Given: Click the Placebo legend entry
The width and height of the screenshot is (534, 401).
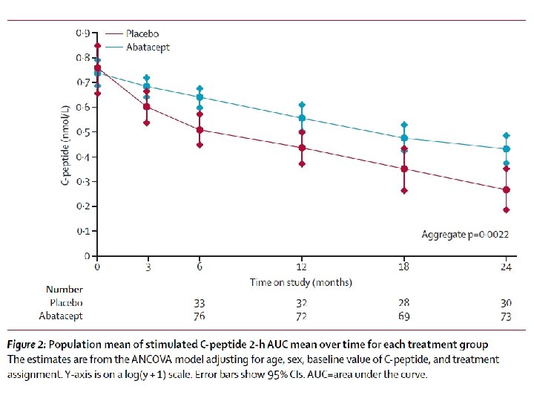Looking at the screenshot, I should click(142, 33).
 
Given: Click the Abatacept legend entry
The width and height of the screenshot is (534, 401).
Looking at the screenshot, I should click(148, 47).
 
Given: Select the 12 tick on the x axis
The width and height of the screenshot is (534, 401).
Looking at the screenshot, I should click(301, 266).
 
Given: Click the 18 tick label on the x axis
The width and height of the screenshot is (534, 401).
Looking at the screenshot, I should click(403, 266).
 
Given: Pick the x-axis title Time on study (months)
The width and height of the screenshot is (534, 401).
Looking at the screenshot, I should click(301, 282).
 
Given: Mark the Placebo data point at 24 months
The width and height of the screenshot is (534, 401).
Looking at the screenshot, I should click(506, 189).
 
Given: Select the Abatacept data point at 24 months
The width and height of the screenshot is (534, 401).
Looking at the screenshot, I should click(506, 149).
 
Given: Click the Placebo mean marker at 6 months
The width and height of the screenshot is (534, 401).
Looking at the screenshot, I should click(200, 130).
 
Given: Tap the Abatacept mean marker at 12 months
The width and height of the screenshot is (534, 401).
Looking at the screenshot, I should click(301, 118).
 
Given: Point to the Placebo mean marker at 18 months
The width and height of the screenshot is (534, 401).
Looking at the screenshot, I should click(403, 169).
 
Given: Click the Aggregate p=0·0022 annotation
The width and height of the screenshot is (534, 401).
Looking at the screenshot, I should click(466, 235).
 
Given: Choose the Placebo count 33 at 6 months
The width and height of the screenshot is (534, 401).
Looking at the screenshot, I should click(200, 303).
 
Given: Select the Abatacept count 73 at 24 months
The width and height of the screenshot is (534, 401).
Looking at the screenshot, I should click(506, 316).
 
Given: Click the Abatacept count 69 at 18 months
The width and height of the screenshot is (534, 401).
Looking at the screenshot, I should click(403, 316).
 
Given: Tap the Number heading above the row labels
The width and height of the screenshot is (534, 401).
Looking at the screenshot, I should click(65, 290).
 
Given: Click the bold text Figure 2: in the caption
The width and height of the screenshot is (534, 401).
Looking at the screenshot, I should click(31, 345).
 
